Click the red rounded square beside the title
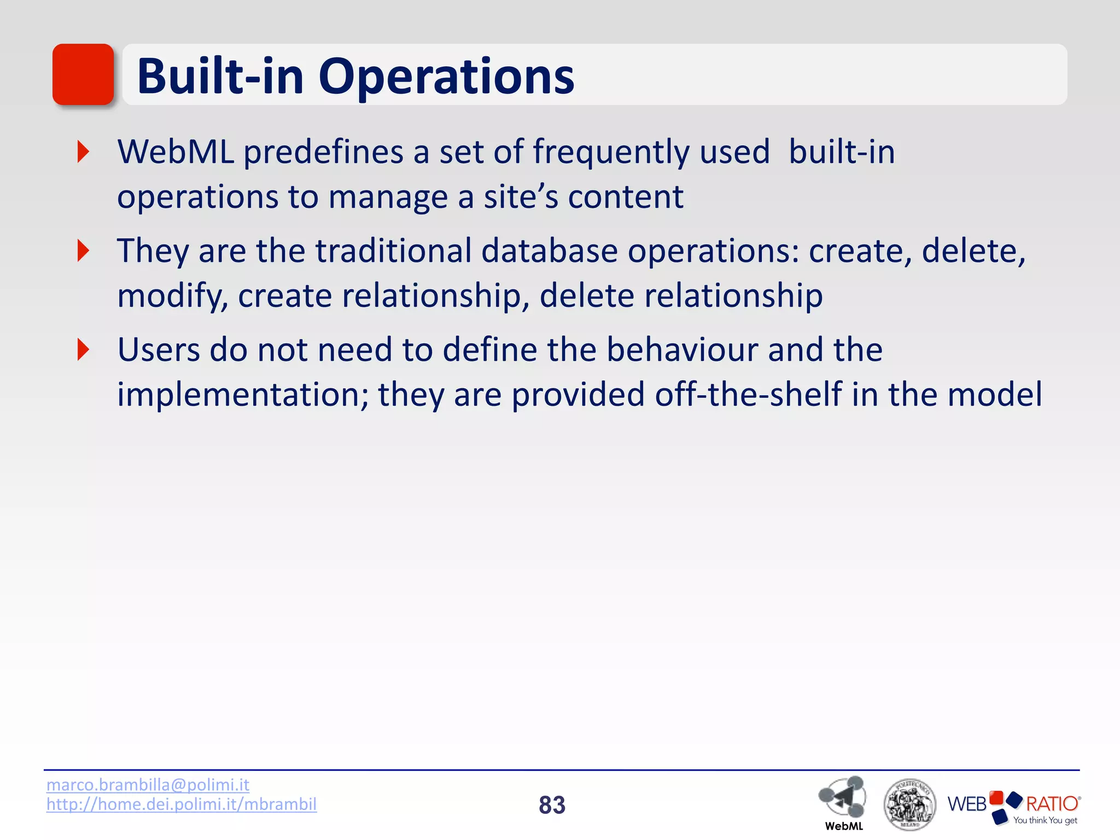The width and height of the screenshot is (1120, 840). click(83, 74)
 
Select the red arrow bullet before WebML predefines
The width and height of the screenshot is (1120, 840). click(83, 151)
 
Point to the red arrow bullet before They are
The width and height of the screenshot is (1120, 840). click(83, 250)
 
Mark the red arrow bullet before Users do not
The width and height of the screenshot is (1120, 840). click(83, 349)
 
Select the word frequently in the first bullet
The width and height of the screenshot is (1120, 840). click(611, 153)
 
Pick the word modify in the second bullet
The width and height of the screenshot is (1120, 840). click(172, 297)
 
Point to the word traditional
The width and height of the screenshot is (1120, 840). click(393, 251)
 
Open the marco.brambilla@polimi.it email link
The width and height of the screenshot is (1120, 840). click(148, 785)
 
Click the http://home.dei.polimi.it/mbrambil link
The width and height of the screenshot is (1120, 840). click(181, 804)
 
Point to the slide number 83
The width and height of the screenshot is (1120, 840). click(552, 805)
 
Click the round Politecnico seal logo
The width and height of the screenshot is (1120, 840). click(909, 804)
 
